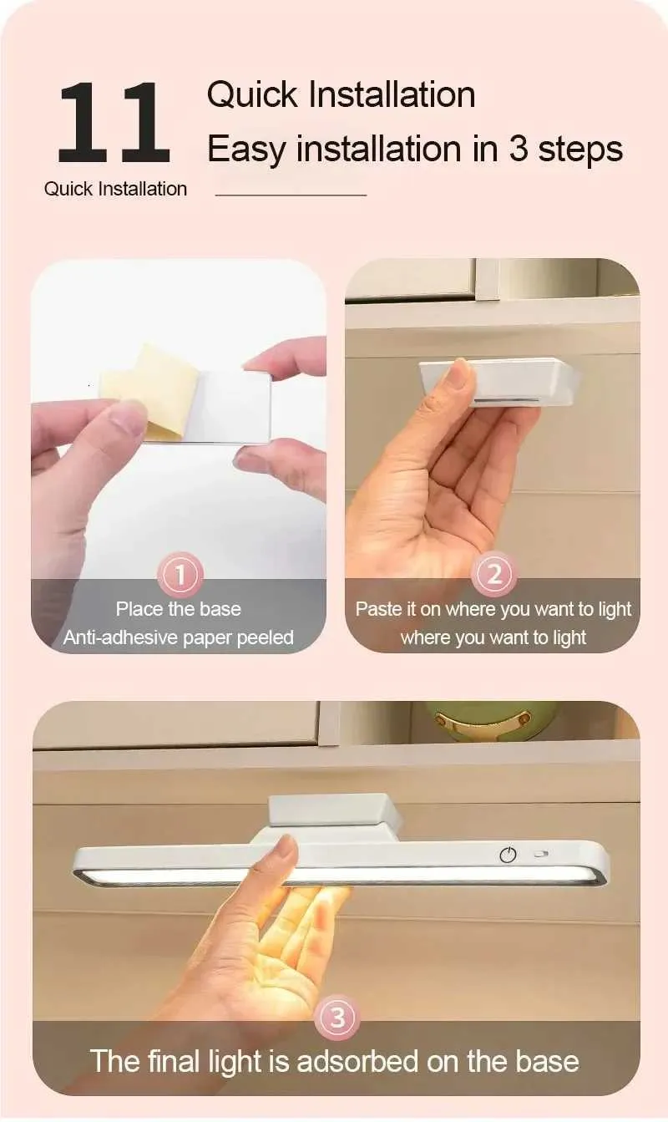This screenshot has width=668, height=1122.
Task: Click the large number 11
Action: click(114, 123)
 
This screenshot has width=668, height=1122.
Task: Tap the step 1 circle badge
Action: click(180, 575)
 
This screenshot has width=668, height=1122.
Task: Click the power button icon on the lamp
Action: click(508, 855)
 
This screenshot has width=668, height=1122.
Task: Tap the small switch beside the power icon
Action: click(541, 854)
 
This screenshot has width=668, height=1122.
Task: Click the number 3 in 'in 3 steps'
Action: click(519, 149)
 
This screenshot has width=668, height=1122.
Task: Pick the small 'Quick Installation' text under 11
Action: click(116, 189)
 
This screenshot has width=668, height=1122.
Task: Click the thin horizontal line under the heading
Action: click(291, 195)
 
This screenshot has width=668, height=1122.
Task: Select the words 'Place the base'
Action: click(178, 609)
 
